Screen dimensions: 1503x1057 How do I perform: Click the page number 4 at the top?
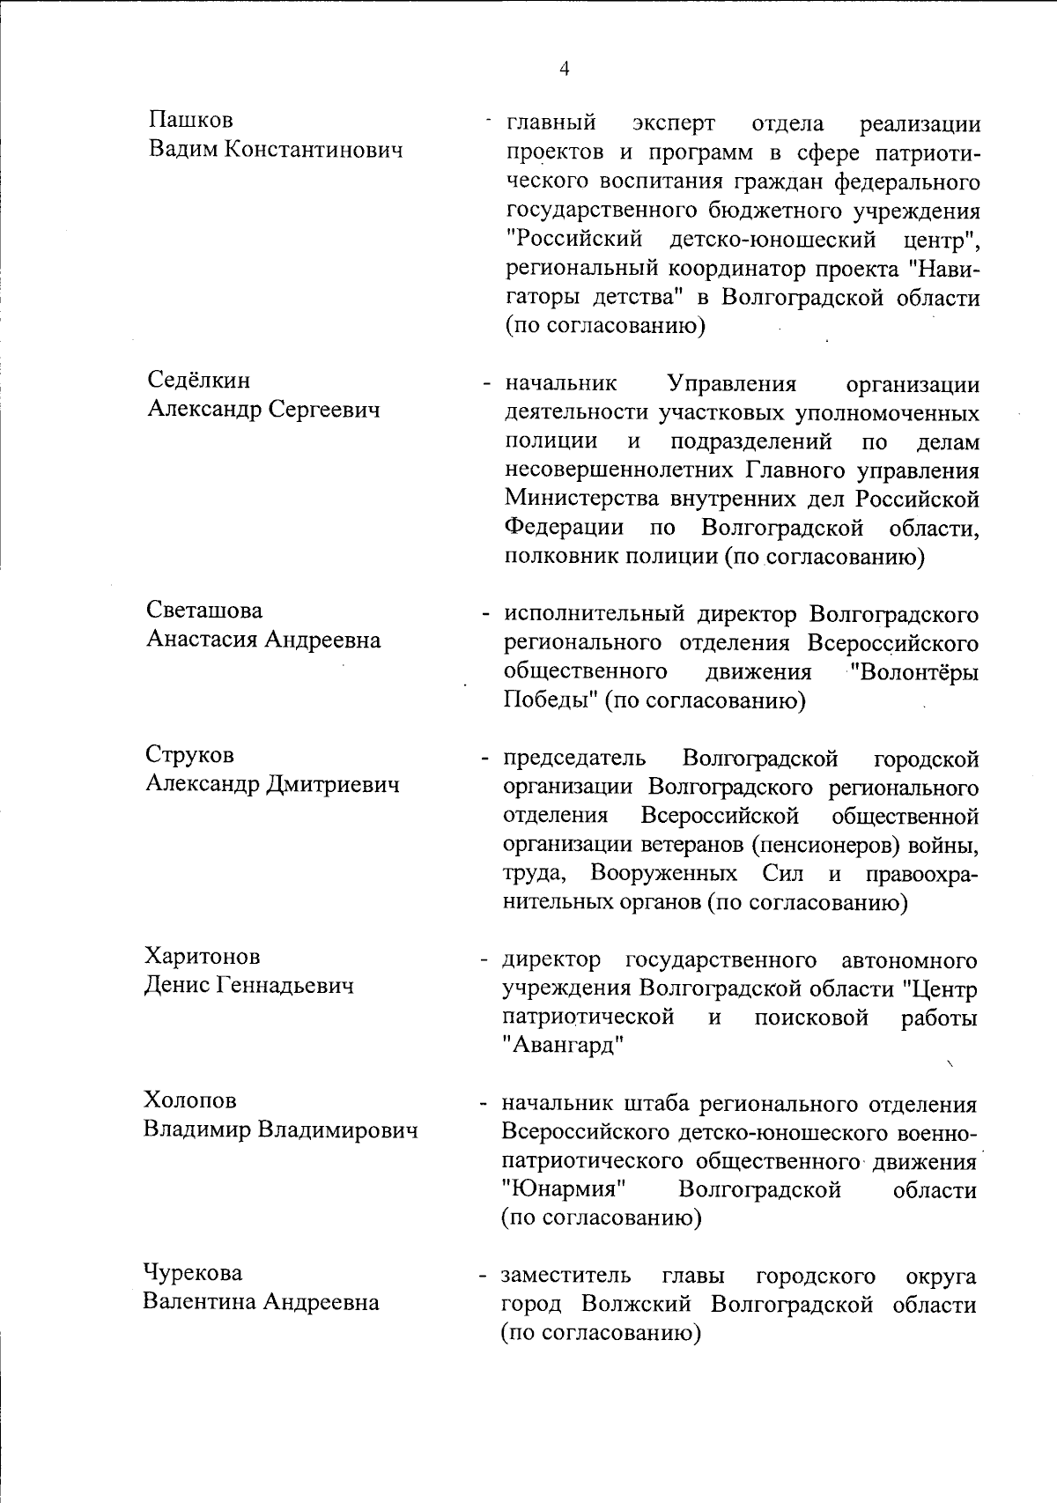(x=564, y=69)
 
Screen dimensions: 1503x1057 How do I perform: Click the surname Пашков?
(x=191, y=120)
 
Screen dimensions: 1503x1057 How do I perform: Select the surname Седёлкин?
(x=198, y=380)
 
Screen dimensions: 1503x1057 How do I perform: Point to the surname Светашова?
(x=204, y=611)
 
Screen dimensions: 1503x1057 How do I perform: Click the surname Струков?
(x=190, y=755)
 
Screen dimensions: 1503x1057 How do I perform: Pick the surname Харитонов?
(x=203, y=956)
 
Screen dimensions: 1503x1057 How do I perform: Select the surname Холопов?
(x=191, y=1100)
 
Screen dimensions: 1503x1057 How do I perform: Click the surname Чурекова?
(x=193, y=1273)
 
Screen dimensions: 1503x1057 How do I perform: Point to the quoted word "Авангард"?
(x=563, y=1047)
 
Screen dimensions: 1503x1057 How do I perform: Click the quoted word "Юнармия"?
(x=563, y=1190)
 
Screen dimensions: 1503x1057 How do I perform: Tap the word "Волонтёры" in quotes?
(x=915, y=672)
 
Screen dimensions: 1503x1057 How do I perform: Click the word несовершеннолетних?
(x=621, y=470)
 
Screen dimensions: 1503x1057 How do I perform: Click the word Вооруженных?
(x=664, y=874)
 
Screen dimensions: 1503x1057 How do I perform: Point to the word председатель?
(x=574, y=759)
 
